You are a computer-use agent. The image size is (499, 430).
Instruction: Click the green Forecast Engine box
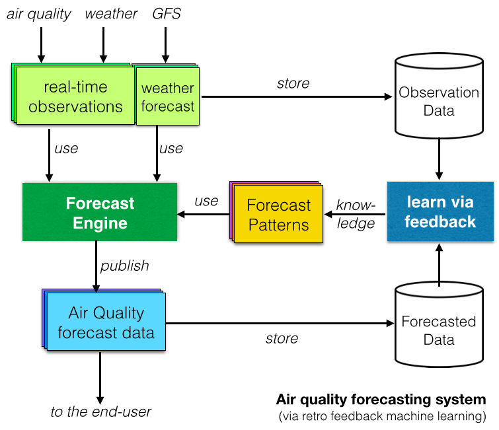point(100,213)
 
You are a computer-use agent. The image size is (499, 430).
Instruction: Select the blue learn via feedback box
point(440,211)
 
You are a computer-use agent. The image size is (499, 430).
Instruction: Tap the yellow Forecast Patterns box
point(278,215)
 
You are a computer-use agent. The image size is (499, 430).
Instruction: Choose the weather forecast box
point(168,97)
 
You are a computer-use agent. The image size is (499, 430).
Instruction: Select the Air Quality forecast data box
point(106,322)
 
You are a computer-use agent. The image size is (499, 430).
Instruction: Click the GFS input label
point(165,14)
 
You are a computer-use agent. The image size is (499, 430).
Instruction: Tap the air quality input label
point(39,14)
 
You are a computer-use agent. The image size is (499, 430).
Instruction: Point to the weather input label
point(112,14)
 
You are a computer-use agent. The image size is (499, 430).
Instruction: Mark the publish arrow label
point(125,266)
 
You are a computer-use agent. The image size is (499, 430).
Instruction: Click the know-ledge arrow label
point(356,214)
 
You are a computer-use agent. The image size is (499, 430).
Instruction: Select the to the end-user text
point(101,412)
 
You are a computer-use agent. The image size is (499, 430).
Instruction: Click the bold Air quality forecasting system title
point(381,400)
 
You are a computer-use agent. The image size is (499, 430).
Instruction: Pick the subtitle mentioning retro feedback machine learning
point(382,416)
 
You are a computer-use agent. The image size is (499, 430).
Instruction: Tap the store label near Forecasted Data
point(282,338)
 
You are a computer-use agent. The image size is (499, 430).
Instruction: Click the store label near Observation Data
point(293,83)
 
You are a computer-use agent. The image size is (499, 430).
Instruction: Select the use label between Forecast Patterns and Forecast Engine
point(207,200)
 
